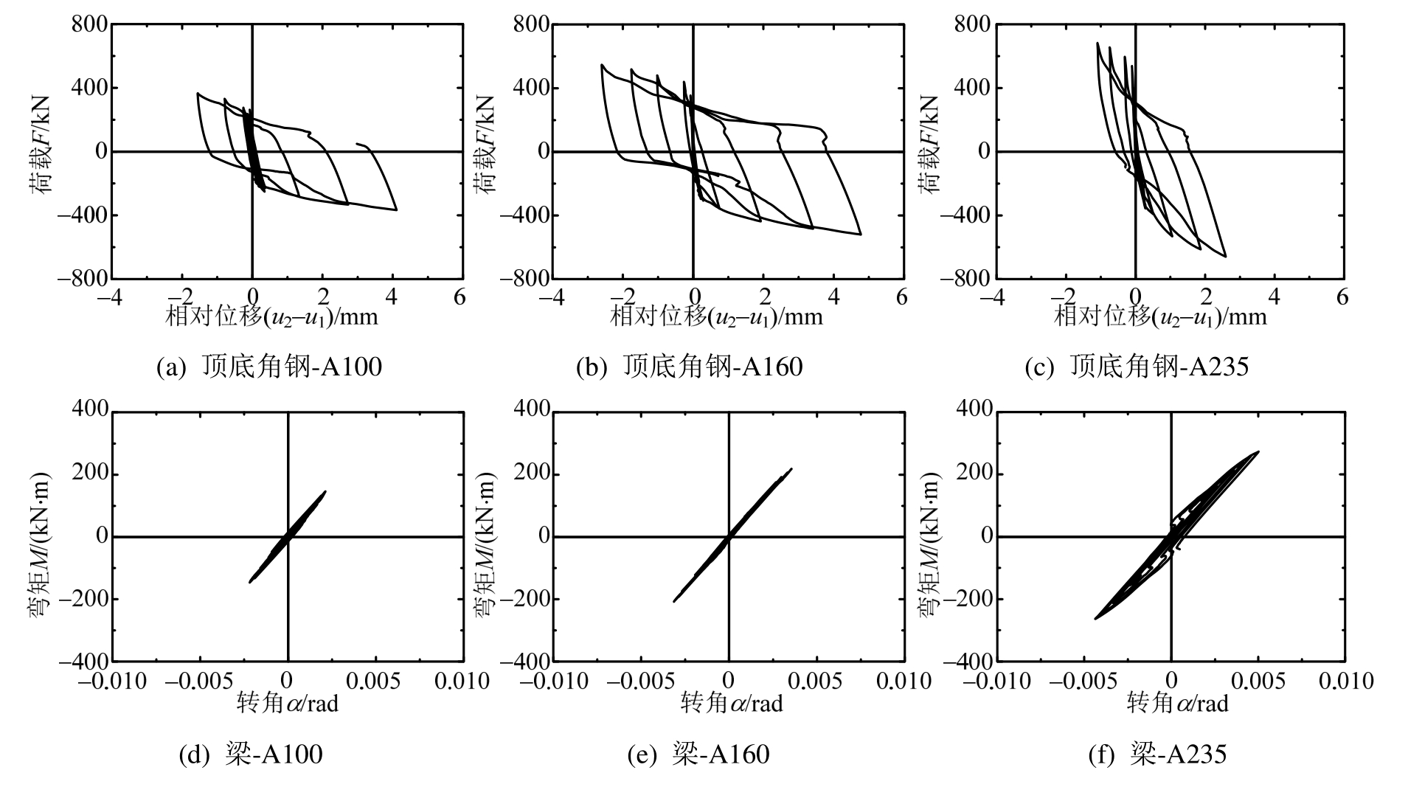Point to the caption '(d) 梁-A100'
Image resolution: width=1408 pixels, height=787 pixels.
coord(252,755)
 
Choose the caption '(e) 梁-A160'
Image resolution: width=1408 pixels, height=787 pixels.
coord(698,755)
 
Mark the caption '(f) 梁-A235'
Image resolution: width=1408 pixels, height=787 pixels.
coord(1157,755)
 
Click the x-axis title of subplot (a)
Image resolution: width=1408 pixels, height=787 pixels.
coord(272,317)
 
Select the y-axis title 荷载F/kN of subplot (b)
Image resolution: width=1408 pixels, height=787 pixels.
coord(483,145)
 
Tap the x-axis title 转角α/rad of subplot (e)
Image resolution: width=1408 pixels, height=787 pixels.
coord(731,704)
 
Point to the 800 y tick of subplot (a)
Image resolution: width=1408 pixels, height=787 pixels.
coord(90,24)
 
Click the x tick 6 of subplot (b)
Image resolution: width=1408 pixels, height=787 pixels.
coord(901,297)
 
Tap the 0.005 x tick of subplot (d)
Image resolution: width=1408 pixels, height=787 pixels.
coord(376,680)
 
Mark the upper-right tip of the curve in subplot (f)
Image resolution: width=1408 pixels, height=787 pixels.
coord(1258,451)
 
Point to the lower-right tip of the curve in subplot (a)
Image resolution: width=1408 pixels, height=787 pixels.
coord(396,210)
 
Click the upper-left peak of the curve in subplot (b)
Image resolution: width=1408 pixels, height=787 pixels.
coord(602,65)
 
